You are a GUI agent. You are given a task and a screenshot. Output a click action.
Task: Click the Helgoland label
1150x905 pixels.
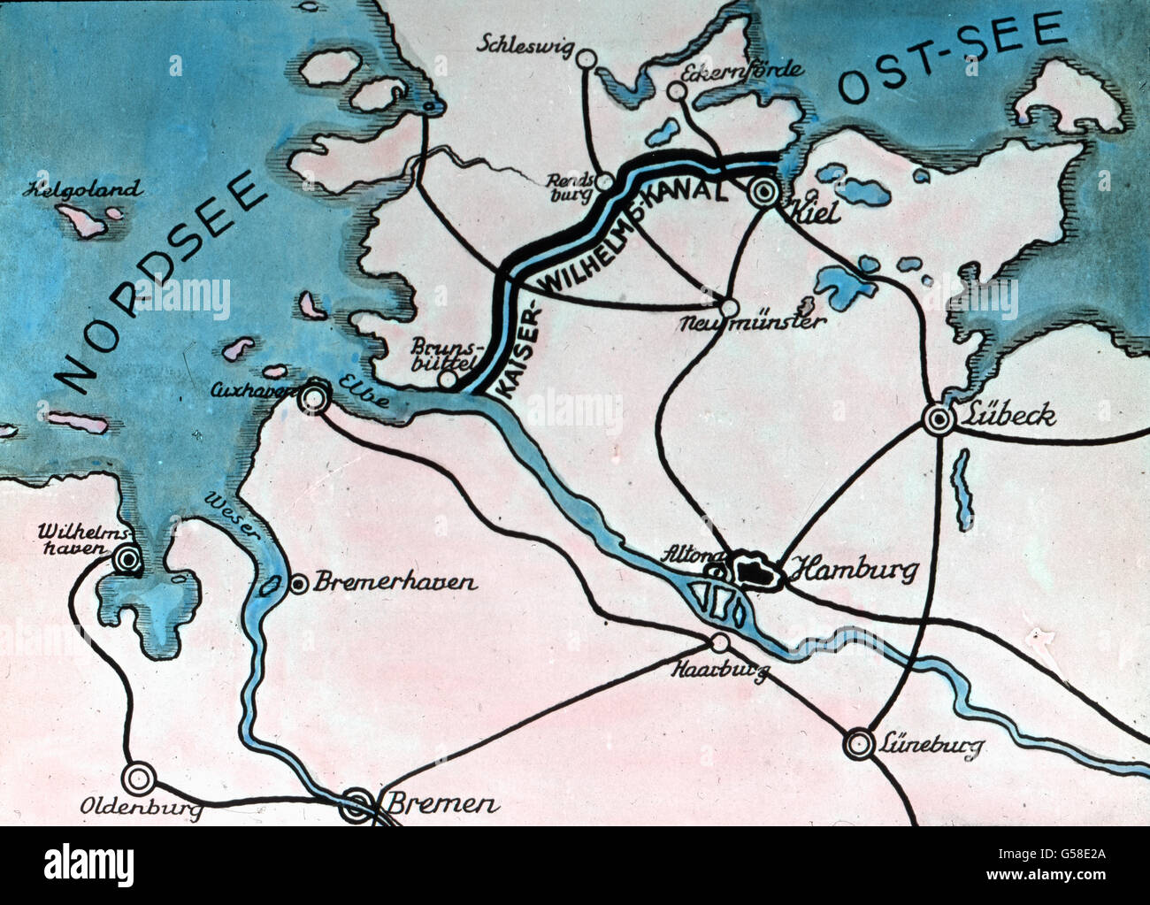[x=85, y=189]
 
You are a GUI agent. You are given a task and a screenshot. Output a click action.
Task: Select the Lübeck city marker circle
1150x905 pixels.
[x=938, y=418]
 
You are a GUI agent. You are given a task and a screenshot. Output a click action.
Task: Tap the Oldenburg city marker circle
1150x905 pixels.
[x=138, y=778]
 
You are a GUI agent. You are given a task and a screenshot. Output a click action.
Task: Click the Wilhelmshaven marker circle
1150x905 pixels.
[x=128, y=559]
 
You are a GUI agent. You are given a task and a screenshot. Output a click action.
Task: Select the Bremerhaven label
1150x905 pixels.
[x=395, y=582]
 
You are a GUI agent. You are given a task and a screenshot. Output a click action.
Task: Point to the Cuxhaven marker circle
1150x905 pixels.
[x=313, y=399]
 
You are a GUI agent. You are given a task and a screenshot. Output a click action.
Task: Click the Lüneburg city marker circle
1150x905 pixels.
[x=858, y=743]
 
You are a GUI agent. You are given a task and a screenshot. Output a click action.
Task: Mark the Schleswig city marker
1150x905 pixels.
[x=585, y=58]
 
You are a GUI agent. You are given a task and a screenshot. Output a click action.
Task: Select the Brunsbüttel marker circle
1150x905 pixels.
[x=448, y=380]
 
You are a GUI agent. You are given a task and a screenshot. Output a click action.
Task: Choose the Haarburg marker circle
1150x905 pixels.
[x=721, y=642]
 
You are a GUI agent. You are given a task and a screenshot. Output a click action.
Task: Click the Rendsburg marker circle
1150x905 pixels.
[x=604, y=181]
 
